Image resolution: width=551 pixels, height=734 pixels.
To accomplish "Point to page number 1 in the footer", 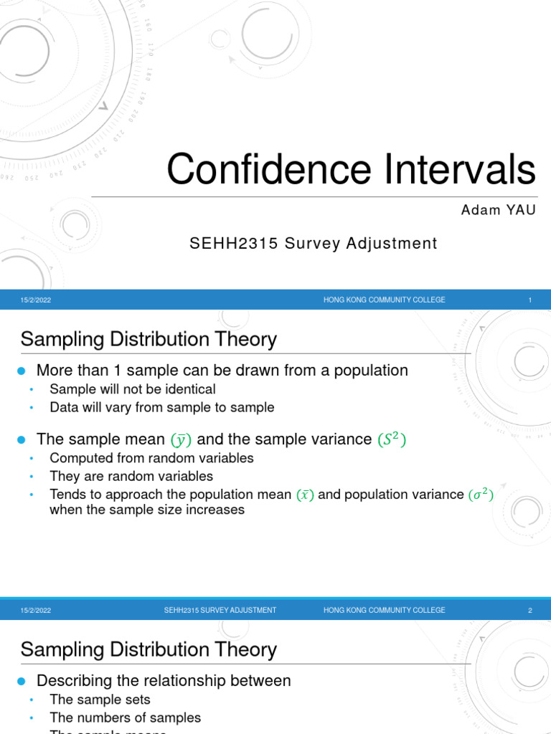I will click(529, 300).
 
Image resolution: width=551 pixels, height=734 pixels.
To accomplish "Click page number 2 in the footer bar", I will click(529, 611).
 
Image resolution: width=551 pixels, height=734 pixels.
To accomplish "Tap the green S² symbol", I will click(392, 439).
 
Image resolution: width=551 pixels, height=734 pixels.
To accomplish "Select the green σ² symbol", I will click(481, 495).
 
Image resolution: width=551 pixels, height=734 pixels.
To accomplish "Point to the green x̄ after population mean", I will click(305, 495).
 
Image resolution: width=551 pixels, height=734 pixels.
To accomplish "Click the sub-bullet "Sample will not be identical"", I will click(132, 389).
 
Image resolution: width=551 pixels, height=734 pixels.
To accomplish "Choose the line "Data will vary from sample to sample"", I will click(161, 407).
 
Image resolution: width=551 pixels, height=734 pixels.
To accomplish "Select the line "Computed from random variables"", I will click(151, 458).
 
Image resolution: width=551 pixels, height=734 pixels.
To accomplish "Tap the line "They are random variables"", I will click(131, 476).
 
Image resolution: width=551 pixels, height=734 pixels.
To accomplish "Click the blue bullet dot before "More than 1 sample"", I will click(21, 371).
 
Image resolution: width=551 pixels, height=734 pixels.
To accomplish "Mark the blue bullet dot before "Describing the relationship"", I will click(21, 681).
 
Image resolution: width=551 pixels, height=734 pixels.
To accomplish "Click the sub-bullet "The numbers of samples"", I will click(125, 718).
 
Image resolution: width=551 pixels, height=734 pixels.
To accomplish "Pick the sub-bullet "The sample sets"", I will click(100, 700).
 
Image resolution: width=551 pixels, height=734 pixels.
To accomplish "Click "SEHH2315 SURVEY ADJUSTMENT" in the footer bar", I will click(220, 611).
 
